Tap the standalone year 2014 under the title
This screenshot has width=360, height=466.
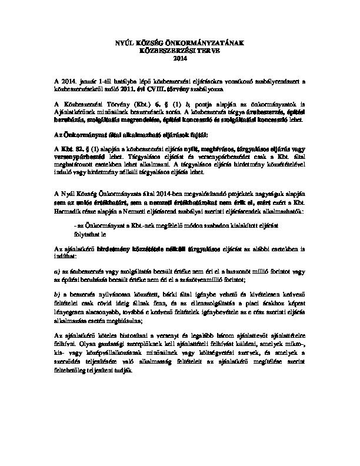pyautogui.click(x=179, y=57)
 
